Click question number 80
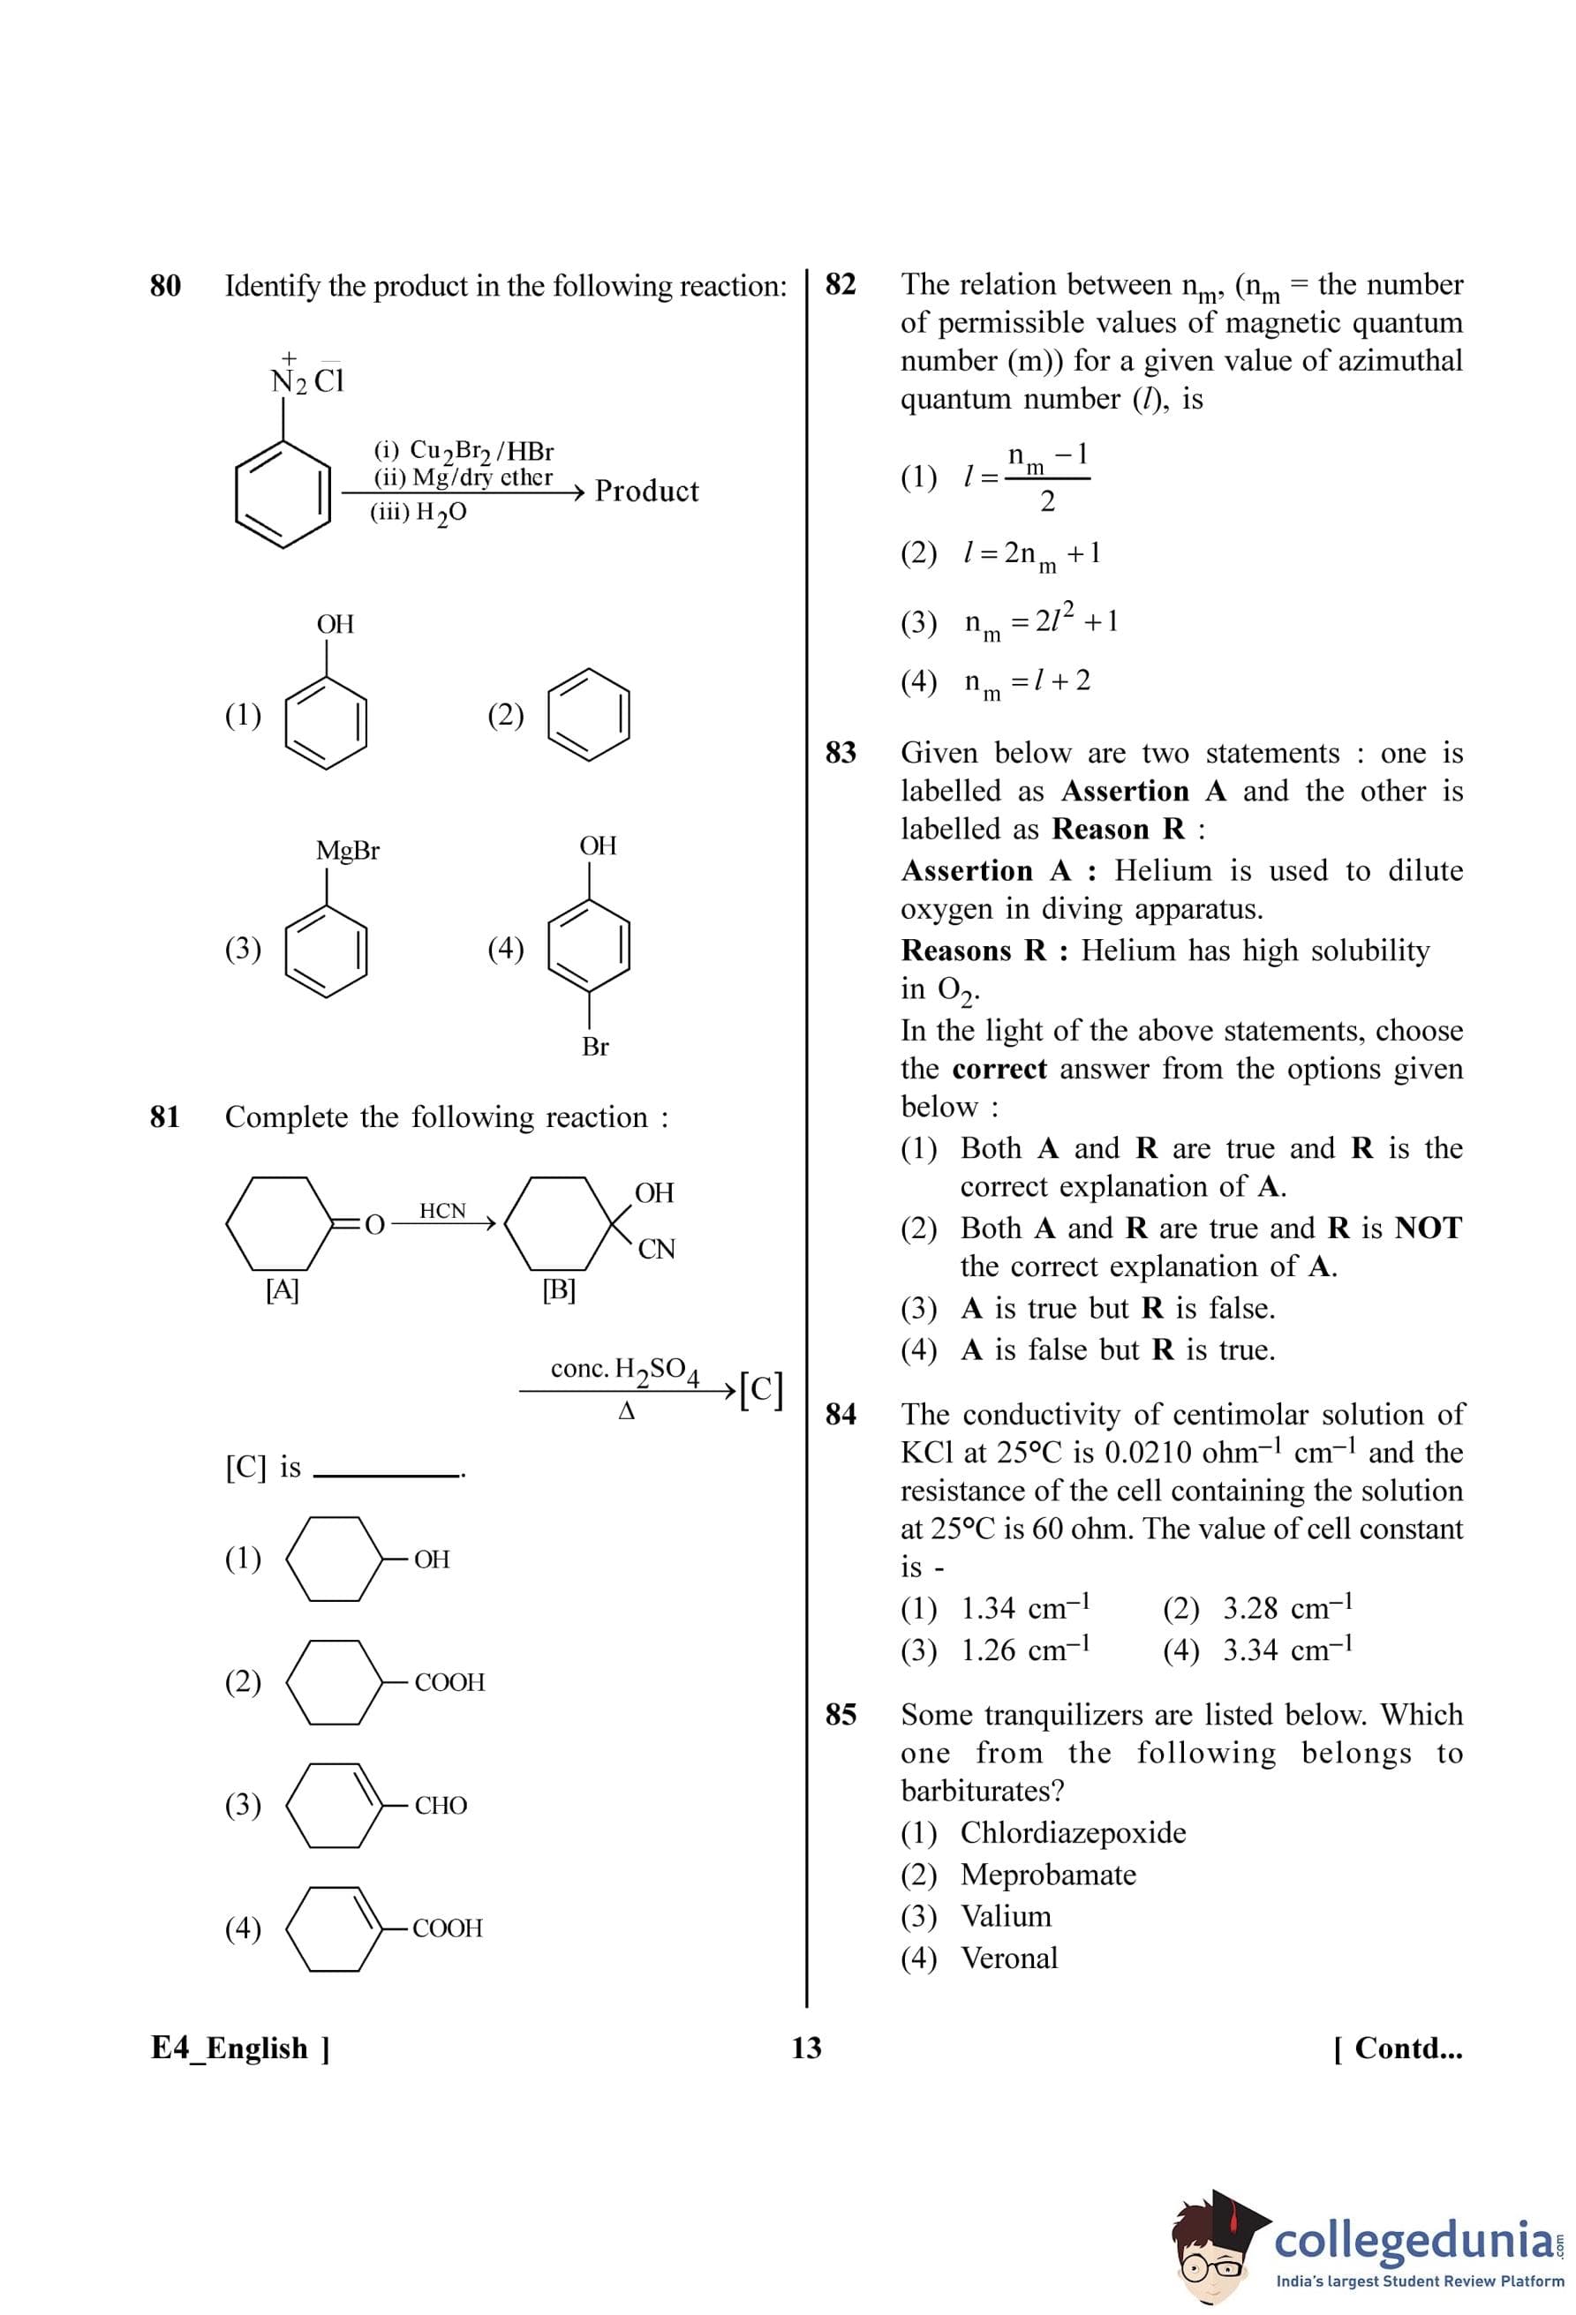(x=165, y=286)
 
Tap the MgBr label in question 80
(x=348, y=851)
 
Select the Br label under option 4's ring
(x=595, y=1047)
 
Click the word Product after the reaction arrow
(x=646, y=491)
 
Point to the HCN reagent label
(x=442, y=1210)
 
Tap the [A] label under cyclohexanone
(x=282, y=1290)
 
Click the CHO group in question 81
(x=441, y=1805)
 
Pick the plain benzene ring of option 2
(x=590, y=717)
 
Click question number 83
(x=841, y=752)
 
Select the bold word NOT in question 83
(x=1428, y=1229)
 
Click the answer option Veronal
(x=1008, y=1958)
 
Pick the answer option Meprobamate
(x=1047, y=1874)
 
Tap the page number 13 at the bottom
(x=806, y=2048)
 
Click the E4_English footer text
(x=240, y=2048)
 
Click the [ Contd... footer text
(x=1398, y=2048)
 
